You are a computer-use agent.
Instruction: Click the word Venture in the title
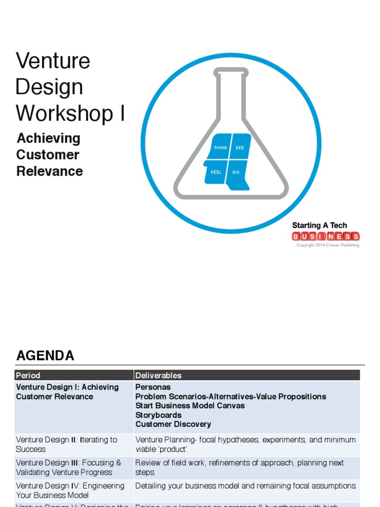(53, 61)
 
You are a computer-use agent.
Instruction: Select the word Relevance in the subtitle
(49, 171)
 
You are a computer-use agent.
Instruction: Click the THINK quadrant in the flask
(220, 148)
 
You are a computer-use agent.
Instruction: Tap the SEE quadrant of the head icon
(240, 148)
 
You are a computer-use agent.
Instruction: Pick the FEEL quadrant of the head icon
(216, 172)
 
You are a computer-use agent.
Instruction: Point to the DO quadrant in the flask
(236, 172)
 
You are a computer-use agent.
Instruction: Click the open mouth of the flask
(231, 72)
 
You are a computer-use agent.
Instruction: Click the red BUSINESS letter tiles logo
(326, 236)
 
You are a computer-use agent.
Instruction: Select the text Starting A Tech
(319, 225)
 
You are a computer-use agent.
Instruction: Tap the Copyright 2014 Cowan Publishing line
(328, 245)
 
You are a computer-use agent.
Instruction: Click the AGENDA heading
(46, 355)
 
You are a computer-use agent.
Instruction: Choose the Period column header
(28, 375)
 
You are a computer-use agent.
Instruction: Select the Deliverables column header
(158, 375)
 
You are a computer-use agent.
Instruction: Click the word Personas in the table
(153, 387)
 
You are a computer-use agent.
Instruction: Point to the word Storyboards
(158, 415)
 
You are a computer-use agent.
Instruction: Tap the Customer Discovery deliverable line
(173, 424)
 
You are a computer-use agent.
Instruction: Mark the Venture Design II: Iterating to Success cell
(66, 444)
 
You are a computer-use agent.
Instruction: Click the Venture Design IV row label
(70, 490)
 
